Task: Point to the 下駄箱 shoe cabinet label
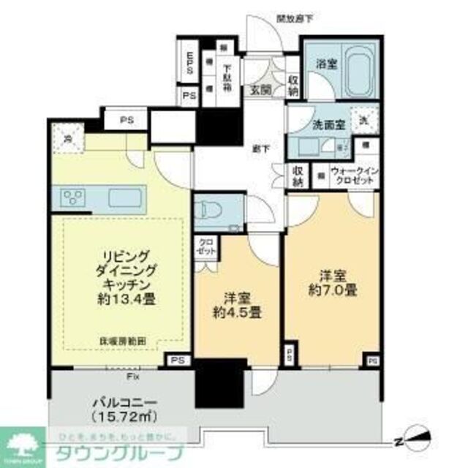click(x=226, y=72)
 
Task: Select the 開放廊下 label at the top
click(x=295, y=19)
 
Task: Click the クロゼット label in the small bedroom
click(x=205, y=247)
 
